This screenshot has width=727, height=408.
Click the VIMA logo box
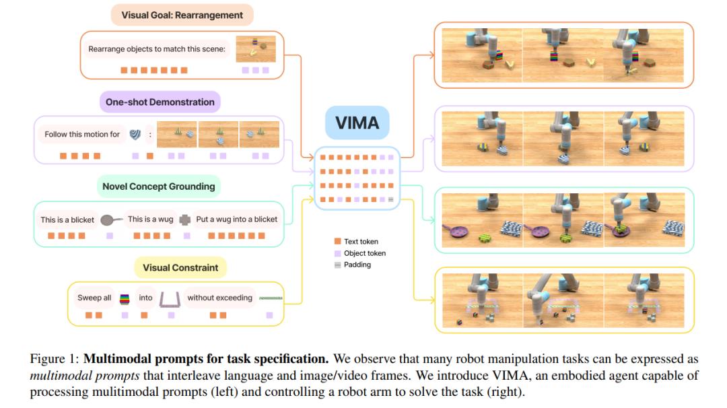point(357,123)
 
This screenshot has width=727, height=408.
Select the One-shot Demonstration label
point(160,102)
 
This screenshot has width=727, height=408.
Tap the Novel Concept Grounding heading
point(158,186)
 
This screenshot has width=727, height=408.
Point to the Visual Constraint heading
point(180,267)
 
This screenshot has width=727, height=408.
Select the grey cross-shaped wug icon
point(184,219)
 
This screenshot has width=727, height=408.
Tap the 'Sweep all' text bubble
point(94,298)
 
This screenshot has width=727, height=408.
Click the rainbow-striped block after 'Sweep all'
point(124,298)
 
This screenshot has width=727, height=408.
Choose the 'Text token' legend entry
point(360,242)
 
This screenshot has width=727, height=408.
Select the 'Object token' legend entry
point(363,253)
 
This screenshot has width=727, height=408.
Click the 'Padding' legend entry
point(356,265)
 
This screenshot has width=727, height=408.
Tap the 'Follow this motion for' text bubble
point(81,134)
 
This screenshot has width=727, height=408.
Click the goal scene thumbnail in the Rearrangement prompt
point(256,48)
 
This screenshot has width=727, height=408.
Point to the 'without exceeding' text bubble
point(219,298)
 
